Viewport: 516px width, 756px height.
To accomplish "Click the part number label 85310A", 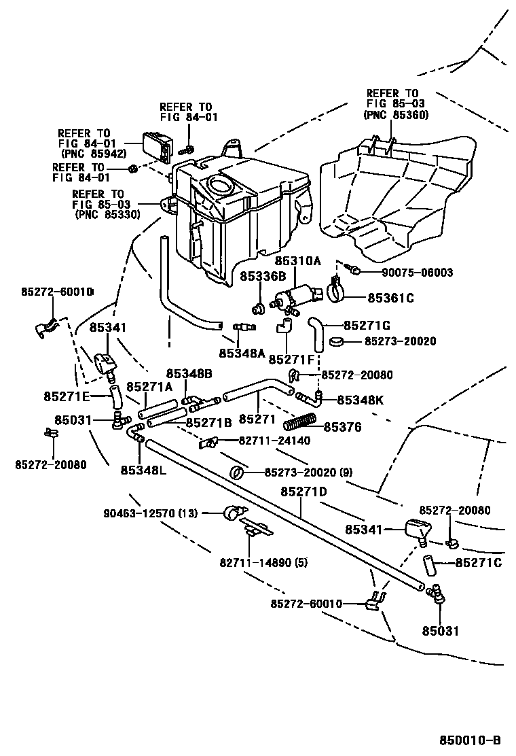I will (297, 260).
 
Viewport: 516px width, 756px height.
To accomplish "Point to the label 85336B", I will (262, 276).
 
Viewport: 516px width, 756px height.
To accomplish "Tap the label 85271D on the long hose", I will (303, 492).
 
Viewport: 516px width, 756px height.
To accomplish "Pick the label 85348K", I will (360, 400).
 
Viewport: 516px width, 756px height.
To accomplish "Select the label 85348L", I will (143, 469).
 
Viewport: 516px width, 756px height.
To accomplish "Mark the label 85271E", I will (67, 396).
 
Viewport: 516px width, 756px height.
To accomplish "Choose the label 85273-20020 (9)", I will (308, 472).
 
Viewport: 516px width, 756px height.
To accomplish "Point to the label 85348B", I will (189, 374).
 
